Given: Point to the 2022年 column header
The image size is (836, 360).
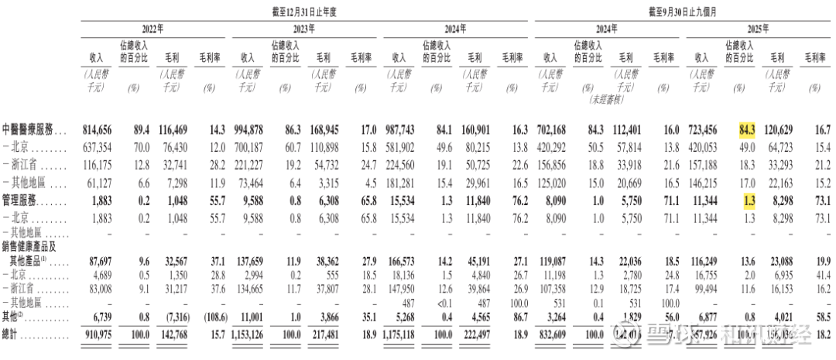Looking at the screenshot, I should coord(151,29).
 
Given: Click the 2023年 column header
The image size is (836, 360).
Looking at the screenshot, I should coord(303,29).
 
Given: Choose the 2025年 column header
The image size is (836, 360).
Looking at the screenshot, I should coord(758,29).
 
